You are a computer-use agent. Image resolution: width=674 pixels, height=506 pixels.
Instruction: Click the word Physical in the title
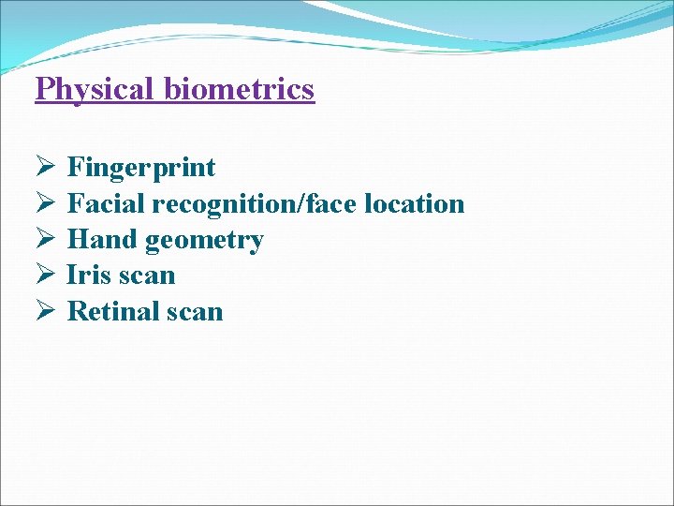coord(95,90)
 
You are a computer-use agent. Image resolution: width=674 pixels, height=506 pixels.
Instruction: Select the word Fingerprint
coord(141,169)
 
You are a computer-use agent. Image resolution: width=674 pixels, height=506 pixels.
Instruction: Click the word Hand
coord(103,240)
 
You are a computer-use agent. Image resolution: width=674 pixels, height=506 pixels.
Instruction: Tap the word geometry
coord(204,241)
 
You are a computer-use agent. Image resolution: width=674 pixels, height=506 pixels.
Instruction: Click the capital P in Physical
coord(44,90)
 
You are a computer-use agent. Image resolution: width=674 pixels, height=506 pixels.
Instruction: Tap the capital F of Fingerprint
coord(76,169)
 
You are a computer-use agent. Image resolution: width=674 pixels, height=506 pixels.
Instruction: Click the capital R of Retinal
coord(77,311)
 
